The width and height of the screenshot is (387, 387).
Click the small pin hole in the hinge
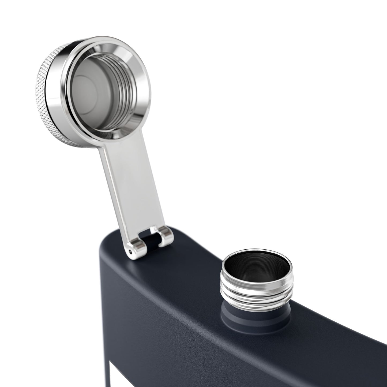(130, 251)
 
